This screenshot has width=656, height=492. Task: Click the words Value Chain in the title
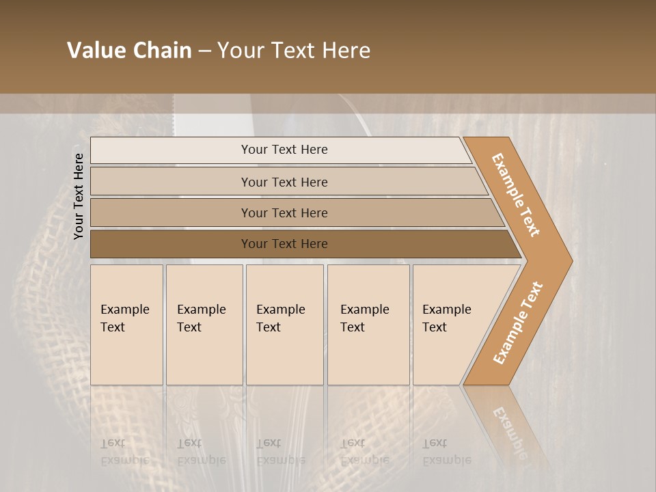pyautogui.click(x=129, y=51)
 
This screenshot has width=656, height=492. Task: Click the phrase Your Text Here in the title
pyautogui.click(x=294, y=51)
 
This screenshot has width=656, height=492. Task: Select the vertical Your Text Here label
pyautogui.click(x=79, y=196)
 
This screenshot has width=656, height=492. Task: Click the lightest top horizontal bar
pyautogui.click(x=284, y=150)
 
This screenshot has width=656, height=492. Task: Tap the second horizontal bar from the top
pyautogui.click(x=284, y=182)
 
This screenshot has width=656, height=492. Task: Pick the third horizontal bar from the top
pyautogui.click(x=284, y=213)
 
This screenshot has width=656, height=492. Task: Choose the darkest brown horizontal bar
pyautogui.click(x=284, y=244)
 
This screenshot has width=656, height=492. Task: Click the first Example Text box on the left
pyautogui.click(x=126, y=325)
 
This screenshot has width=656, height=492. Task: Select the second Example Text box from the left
pyautogui.click(x=204, y=325)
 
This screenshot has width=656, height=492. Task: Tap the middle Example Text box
pyautogui.click(x=284, y=325)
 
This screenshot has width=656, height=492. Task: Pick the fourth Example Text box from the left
pyautogui.click(x=368, y=325)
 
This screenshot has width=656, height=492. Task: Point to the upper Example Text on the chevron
pyautogui.click(x=516, y=195)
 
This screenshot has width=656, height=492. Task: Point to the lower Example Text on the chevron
pyautogui.click(x=518, y=323)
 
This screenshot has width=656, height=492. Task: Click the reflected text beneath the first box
pyautogui.click(x=125, y=452)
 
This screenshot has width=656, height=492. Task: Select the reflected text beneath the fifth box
pyautogui.click(x=446, y=452)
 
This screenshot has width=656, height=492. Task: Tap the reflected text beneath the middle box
pyautogui.click(x=280, y=452)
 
